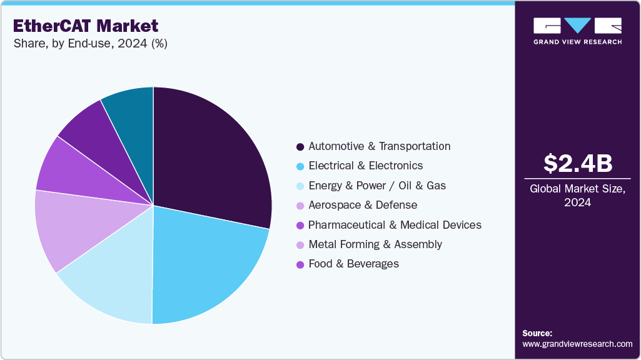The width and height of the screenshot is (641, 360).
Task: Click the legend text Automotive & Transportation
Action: [x=379, y=146]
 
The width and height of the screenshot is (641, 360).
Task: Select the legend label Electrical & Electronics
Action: [x=365, y=166]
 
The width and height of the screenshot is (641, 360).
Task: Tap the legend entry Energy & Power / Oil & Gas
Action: [x=377, y=186]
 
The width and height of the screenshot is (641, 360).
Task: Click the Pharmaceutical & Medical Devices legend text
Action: [x=395, y=225]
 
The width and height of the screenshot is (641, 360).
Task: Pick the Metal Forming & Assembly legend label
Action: [x=375, y=244]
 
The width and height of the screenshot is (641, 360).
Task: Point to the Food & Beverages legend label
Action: [x=353, y=264]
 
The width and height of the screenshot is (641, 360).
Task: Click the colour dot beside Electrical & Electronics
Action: [x=300, y=166]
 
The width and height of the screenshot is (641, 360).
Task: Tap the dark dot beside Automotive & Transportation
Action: [x=300, y=147]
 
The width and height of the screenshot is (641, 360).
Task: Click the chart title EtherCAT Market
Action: [x=84, y=26]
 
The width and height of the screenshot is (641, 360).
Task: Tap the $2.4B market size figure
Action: [x=577, y=163]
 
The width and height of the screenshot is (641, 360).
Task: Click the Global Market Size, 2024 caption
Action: [x=577, y=196]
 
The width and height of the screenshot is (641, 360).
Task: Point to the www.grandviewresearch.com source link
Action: [x=577, y=344]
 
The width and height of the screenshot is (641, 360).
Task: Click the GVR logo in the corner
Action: [x=577, y=30]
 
